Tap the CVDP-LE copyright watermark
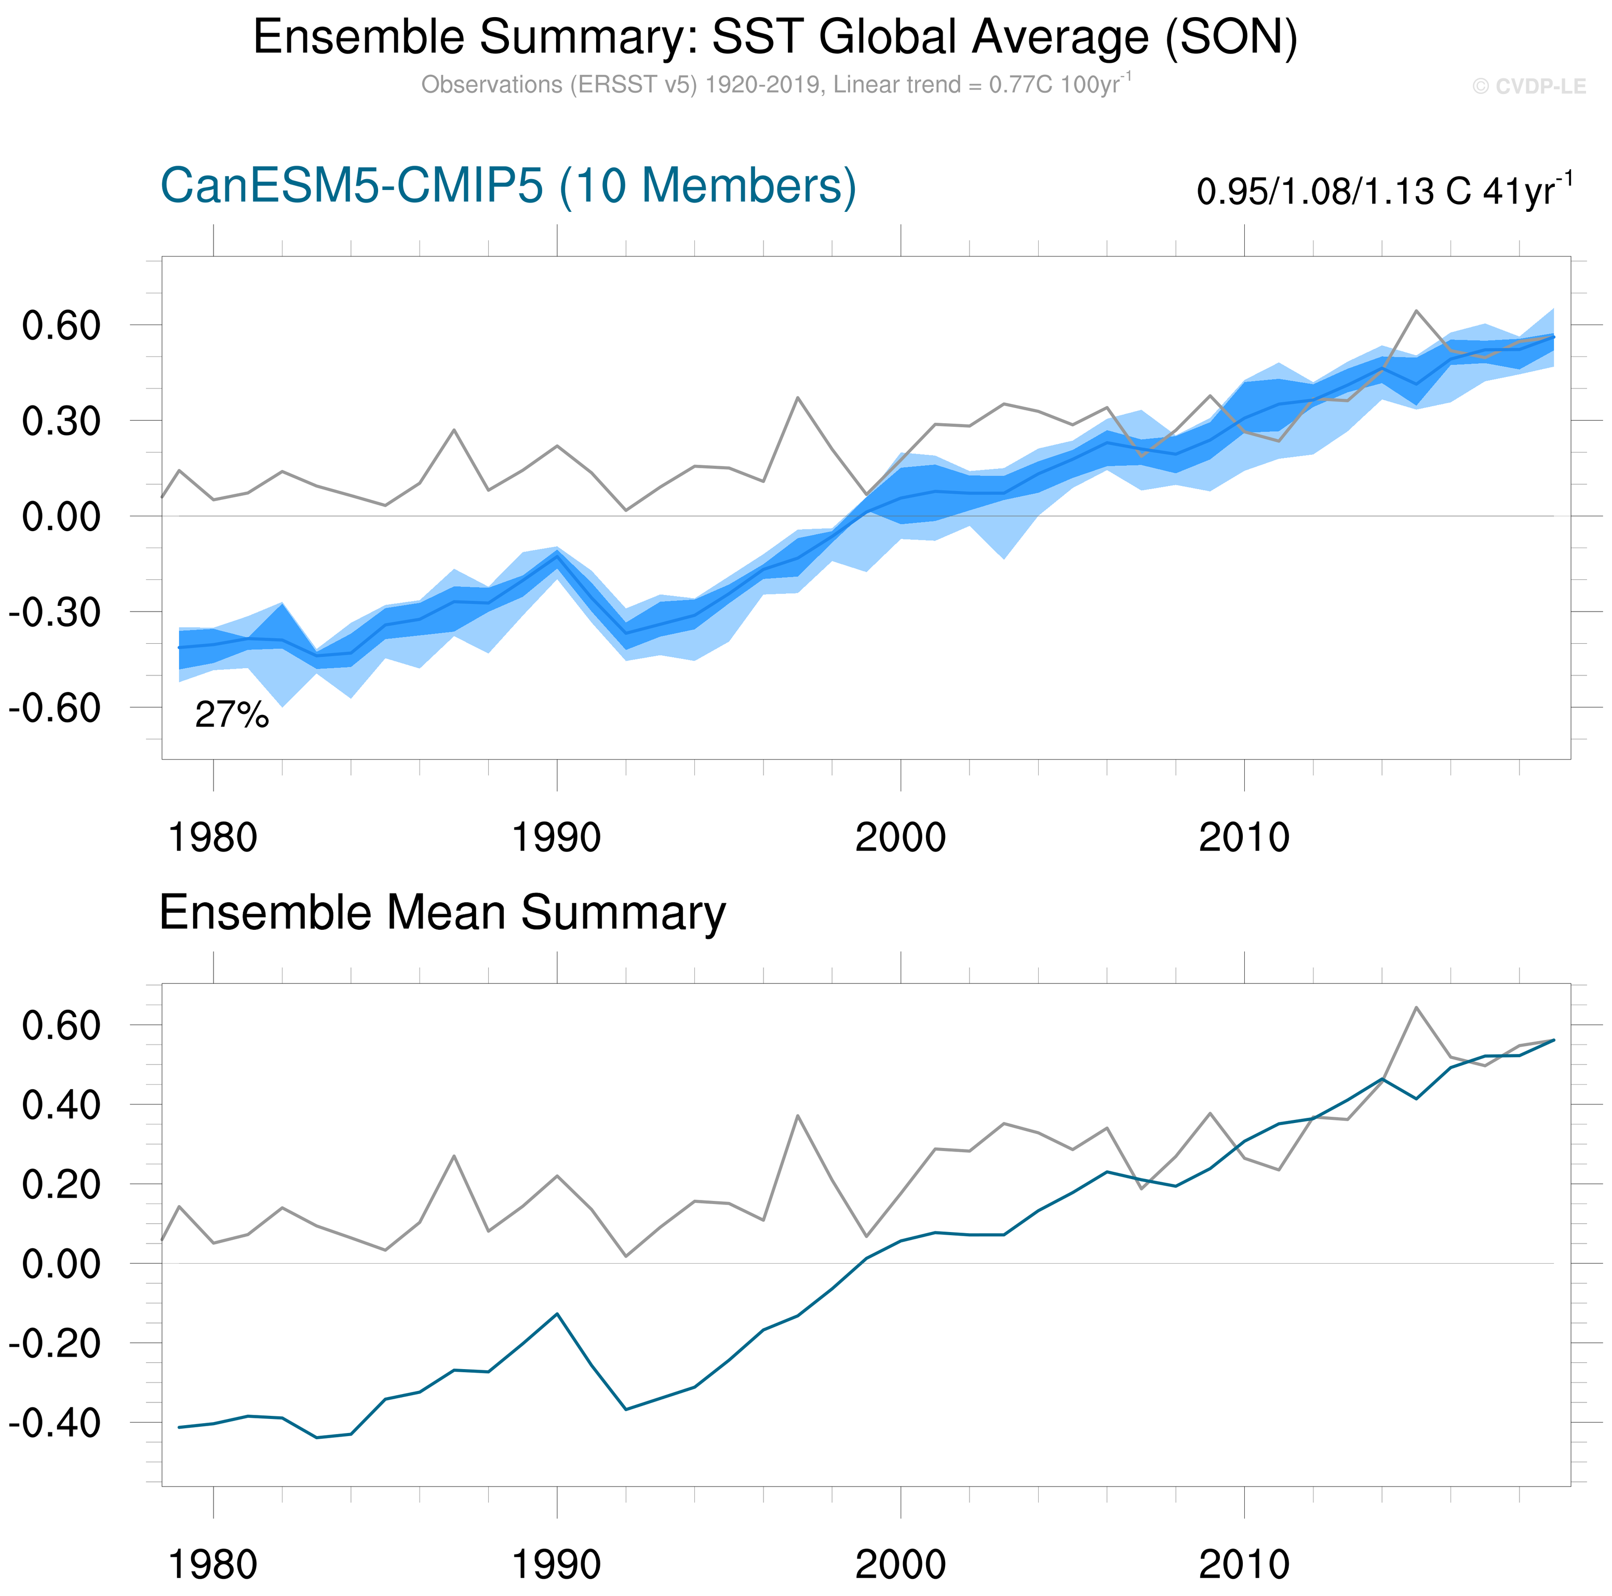point(1528,87)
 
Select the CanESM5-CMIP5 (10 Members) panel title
point(507,185)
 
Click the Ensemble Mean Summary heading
point(442,913)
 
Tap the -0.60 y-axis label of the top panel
point(55,708)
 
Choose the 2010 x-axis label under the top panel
point(1244,837)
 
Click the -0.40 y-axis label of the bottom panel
point(55,1423)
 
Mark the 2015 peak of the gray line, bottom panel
point(1416,1008)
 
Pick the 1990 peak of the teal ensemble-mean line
point(557,1314)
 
